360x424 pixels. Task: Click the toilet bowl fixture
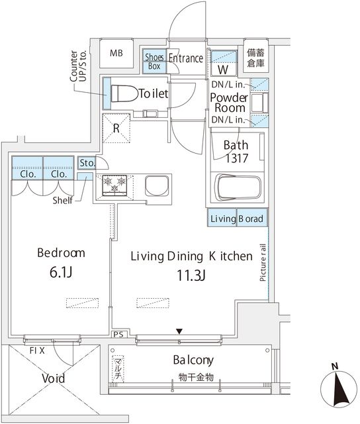pos(124,93)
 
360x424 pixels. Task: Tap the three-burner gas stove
pos(114,185)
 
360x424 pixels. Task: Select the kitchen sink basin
pos(157,185)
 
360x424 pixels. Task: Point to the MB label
pos(116,53)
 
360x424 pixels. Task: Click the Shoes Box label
pos(154,62)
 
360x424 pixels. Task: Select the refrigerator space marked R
pos(116,128)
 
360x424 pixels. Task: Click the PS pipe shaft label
pos(118,335)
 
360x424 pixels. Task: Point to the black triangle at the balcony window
pos(179,331)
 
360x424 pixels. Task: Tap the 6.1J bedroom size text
pos(61,272)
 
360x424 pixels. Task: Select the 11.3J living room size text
pos(191,276)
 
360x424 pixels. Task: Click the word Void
pos(54,378)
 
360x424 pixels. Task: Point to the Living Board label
pos(237,219)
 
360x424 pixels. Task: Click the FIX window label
pos(37,350)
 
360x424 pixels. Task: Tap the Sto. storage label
pos(87,163)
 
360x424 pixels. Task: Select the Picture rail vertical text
pos(263,262)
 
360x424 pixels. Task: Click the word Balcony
pos(193,360)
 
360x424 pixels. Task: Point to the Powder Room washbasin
pos(257,103)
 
